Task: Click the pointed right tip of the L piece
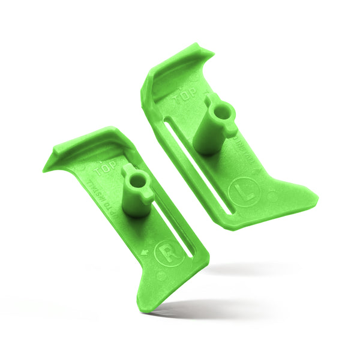point(317,196)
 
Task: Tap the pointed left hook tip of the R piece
point(44,170)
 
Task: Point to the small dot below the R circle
point(161,275)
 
